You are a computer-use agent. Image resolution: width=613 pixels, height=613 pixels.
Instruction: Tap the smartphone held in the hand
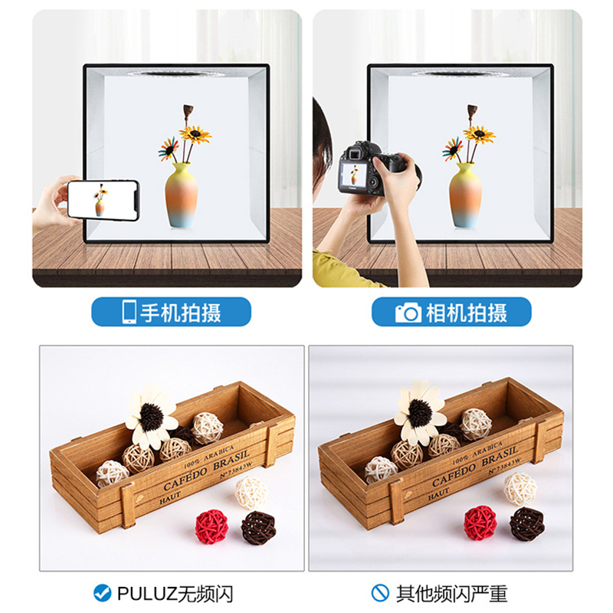pos(103,200)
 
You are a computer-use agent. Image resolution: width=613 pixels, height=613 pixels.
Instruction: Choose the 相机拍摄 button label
pos(464,312)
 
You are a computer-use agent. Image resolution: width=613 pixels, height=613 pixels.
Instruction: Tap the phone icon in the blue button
pos(129,312)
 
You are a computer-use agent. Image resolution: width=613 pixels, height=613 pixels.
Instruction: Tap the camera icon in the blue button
pos(408,313)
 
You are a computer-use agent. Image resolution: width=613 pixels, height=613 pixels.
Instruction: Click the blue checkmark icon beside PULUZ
pos(101,592)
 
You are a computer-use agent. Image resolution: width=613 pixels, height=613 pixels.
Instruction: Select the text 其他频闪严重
pos(451,592)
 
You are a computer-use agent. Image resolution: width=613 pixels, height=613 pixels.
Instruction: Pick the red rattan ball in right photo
pos(480,522)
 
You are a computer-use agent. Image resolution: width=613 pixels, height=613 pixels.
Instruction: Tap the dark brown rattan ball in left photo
pos(258,527)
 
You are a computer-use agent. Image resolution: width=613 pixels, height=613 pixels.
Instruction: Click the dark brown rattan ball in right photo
pos(527,524)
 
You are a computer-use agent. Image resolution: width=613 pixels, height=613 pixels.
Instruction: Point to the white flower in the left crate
pos(151,416)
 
